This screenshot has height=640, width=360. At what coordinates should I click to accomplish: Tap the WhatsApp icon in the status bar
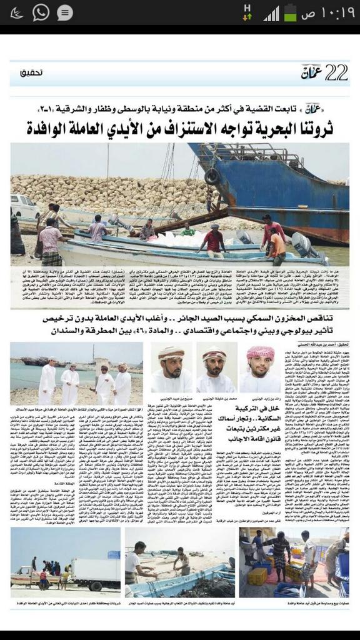coord(41,12)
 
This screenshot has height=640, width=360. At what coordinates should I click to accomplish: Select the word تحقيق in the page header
coord(28,73)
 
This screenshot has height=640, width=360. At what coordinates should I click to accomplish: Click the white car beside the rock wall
coord(25,206)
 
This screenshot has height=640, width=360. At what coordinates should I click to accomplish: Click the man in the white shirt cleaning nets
coord(138,562)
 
